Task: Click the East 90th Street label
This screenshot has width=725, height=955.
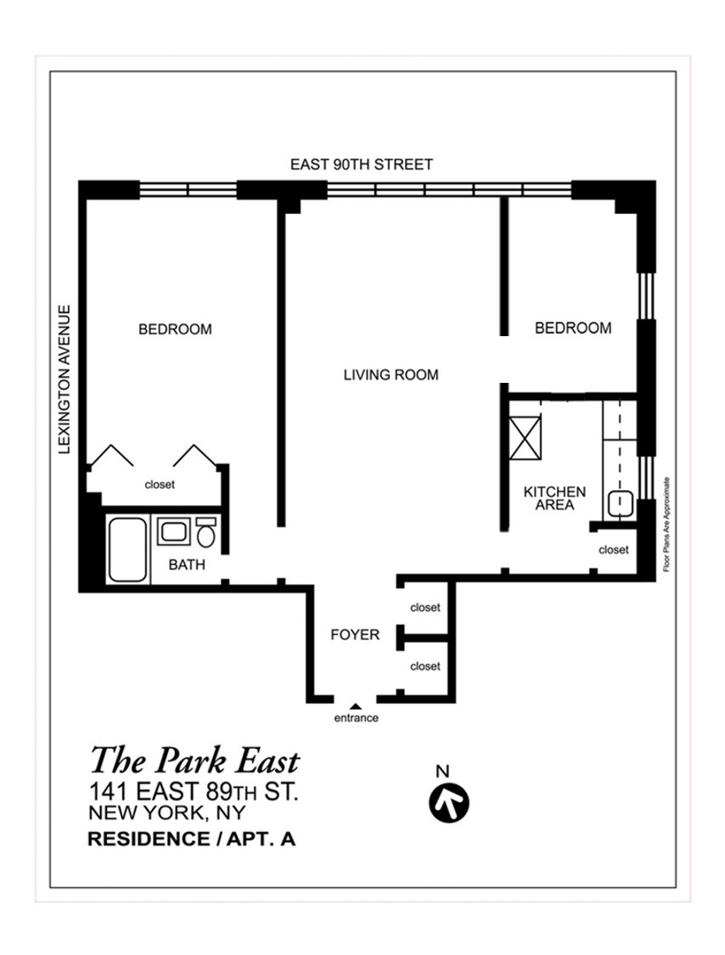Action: pyautogui.click(x=362, y=165)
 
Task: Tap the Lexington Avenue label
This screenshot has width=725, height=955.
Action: pyautogui.click(x=65, y=379)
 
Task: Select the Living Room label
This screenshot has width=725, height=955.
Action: pyautogui.click(x=391, y=374)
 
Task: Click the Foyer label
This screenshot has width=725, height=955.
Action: pyautogui.click(x=355, y=635)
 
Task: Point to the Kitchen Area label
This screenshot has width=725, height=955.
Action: pyautogui.click(x=554, y=498)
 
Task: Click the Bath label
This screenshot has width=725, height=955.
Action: pyautogui.click(x=187, y=565)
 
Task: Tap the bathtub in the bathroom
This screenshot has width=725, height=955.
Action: pyautogui.click(x=128, y=549)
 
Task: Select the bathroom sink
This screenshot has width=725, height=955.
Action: pyautogui.click(x=174, y=531)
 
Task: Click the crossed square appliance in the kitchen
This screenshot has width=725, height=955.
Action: pyautogui.click(x=525, y=438)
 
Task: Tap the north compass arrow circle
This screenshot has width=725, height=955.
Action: pyautogui.click(x=449, y=803)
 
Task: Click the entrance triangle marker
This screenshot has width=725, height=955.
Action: pyautogui.click(x=356, y=706)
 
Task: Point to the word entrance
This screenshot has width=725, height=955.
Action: pyautogui.click(x=357, y=718)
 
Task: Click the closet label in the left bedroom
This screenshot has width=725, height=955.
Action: pyautogui.click(x=160, y=485)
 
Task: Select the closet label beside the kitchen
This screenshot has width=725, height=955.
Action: pyautogui.click(x=614, y=550)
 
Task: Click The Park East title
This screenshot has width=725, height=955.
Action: pyautogui.click(x=195, y=761)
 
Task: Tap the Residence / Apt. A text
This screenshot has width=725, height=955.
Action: pyautogui.click(x=192, y=840)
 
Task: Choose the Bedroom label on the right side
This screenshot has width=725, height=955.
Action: pyautogui.click(x=573, y=329)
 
